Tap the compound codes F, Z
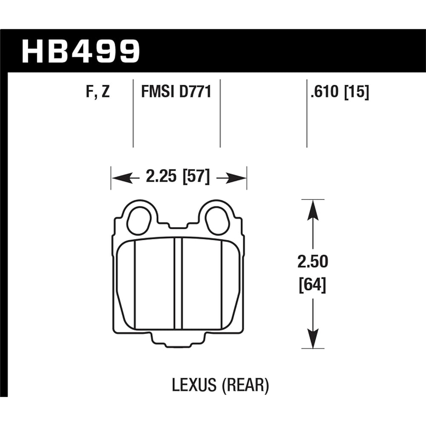(98, 92)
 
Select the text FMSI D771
(176, 92)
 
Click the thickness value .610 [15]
(340, 92)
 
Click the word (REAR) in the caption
(246, 386)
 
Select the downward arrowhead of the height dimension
(313, 339)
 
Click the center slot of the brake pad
(178, 283)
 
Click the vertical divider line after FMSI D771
(220, 113)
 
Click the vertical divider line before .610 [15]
(307, 113)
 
